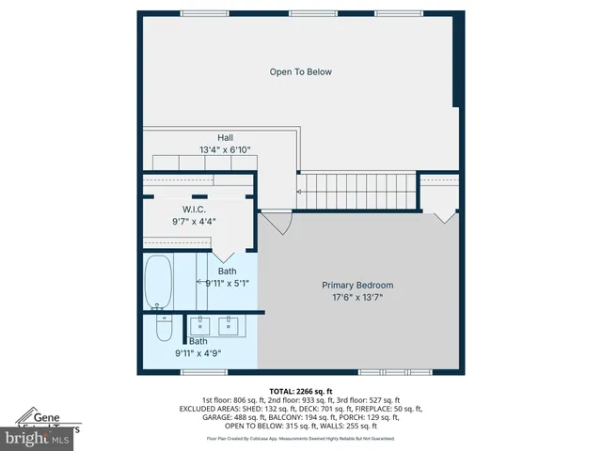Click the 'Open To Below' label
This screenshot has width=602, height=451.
point(300,71)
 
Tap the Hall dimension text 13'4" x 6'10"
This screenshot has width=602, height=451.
point(225,149)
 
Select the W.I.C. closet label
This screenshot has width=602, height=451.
point(194,209)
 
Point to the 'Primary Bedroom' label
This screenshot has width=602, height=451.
point(357,285)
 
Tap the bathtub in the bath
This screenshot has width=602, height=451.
point(158,282)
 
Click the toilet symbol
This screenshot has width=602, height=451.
point(164,330)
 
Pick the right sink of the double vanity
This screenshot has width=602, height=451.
point(230,326)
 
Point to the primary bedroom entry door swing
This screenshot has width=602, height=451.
point(277,223)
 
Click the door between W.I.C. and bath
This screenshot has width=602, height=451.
point(226,253)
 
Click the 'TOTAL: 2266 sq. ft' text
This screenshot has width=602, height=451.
point(301,391)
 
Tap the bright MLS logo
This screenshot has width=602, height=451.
point(37,438)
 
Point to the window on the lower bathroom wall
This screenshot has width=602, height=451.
point(192,372)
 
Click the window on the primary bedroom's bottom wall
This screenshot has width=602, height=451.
point(386,372)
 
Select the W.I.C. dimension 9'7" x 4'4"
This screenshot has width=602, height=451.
point(194,221)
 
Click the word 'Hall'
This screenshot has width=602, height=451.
point(225,137)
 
